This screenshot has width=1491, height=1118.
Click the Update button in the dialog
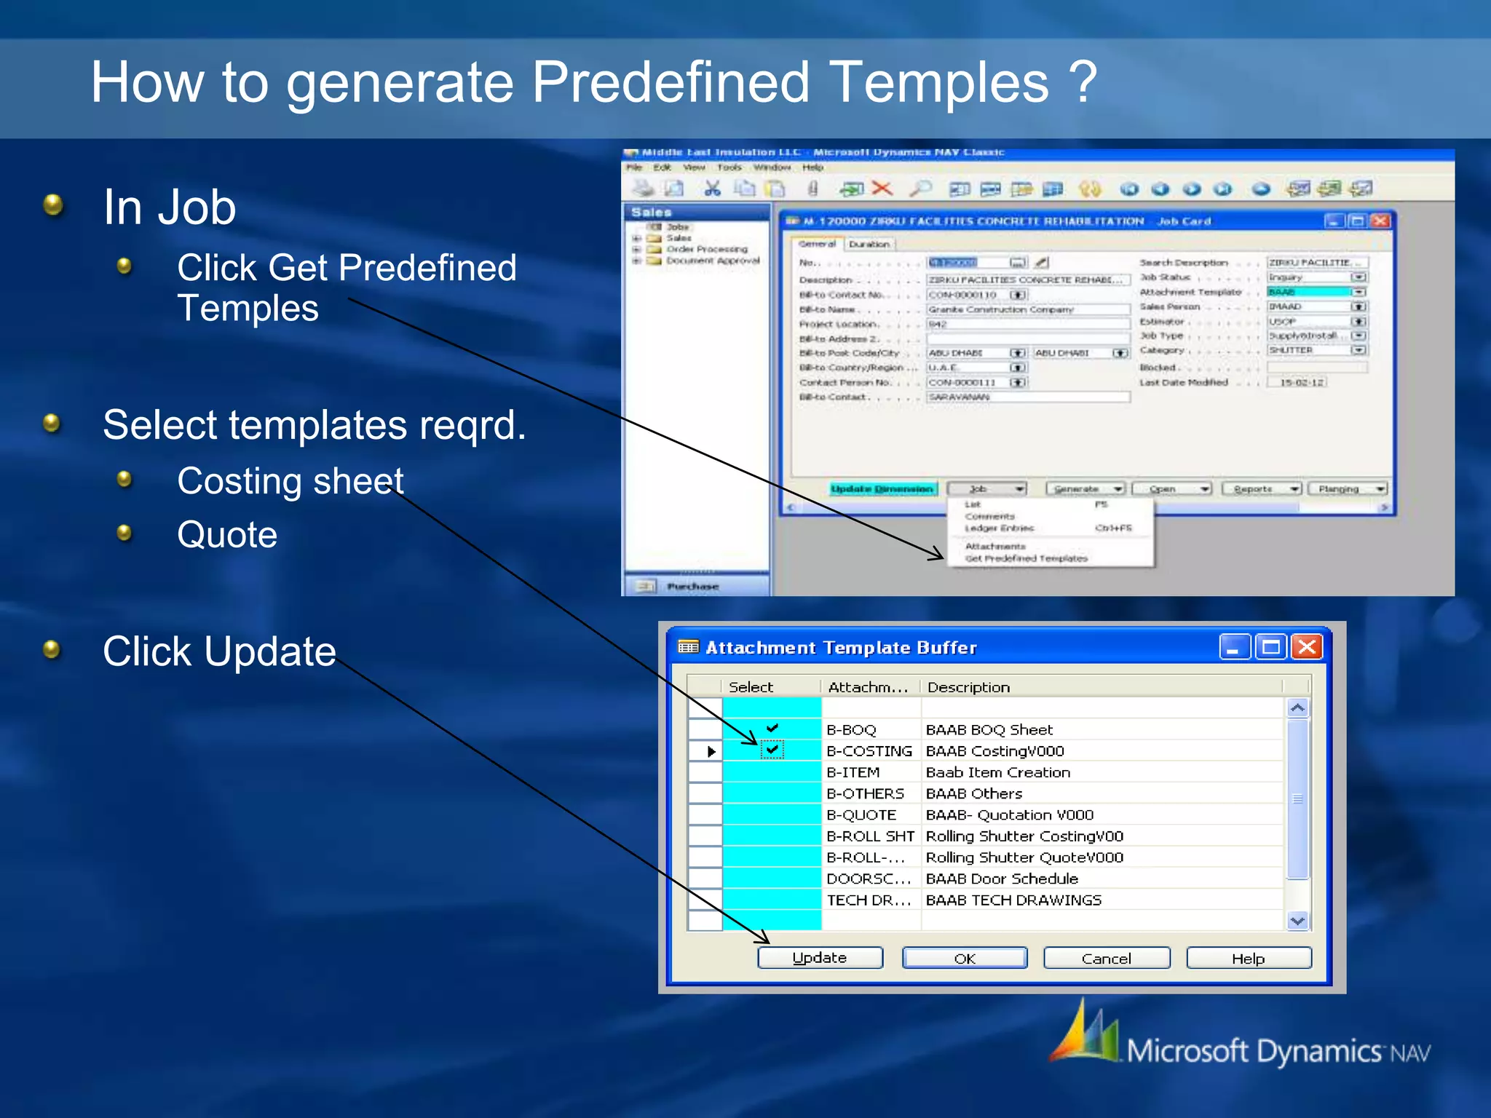(820, 958)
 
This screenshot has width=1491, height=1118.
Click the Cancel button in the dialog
(1106, 959)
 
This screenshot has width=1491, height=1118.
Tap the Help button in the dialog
(1248, 959)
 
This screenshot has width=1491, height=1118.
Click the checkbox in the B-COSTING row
(772, 750)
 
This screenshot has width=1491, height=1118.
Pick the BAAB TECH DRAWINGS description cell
(1013, 900)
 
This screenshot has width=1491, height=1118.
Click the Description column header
(968, 687)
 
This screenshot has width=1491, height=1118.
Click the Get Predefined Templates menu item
(1026, 558)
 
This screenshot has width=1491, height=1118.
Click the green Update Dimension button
(882, 488)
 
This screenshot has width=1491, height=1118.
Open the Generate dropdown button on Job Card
(1085, 488)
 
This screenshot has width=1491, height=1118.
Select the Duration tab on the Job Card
(869, 245)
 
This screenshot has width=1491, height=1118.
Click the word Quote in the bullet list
(227, 535)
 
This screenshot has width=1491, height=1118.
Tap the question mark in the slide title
(1083, 82)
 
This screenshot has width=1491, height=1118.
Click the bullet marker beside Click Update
(52, 649)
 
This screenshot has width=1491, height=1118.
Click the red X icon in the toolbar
(882, 189)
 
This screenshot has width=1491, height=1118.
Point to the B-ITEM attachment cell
(853, 772)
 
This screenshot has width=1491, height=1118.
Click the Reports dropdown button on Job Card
(1261, 488)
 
